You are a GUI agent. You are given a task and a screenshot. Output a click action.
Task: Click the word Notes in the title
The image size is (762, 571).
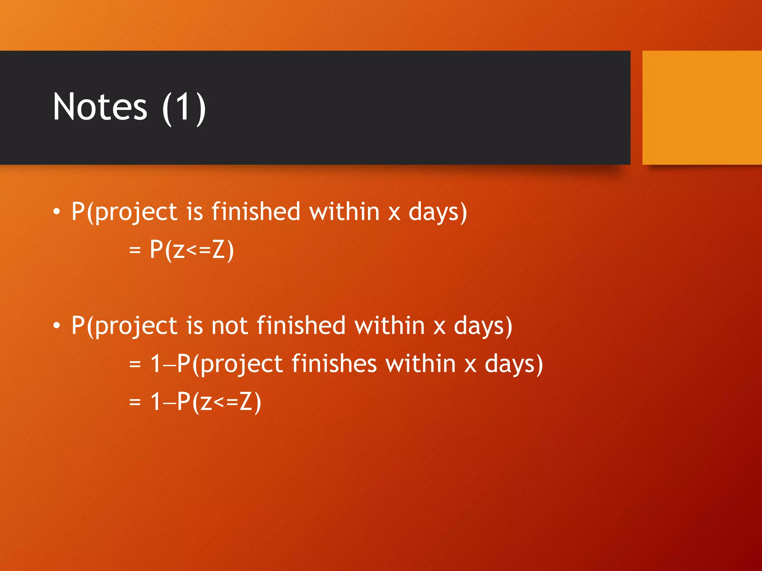(x=100, y=107)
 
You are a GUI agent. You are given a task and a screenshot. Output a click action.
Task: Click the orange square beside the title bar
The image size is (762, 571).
(x=702, y=107)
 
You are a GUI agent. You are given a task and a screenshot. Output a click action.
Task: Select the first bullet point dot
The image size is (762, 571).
(x=56, y=212)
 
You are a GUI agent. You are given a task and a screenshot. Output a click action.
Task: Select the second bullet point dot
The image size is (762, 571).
(x=56, y=326)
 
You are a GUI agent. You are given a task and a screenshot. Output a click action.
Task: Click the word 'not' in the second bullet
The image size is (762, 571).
(x=229, y=326)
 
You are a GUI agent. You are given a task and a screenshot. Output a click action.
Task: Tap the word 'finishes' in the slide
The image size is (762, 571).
(x=334, y=364)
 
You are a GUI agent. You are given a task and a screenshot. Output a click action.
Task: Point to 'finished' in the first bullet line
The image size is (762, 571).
(x=256, y=212)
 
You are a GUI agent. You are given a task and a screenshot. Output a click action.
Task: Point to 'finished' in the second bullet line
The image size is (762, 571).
(x=301, y=326)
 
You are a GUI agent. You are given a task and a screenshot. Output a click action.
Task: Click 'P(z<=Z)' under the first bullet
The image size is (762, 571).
(x=192, y=249)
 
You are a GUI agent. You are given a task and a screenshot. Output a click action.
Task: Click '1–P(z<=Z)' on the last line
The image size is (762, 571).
(x=206, y=401)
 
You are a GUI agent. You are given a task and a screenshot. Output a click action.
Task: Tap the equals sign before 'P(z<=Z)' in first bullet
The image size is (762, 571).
(x=135, y=250)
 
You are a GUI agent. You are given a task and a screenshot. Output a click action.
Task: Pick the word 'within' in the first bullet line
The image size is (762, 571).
(x=344, y=212)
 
